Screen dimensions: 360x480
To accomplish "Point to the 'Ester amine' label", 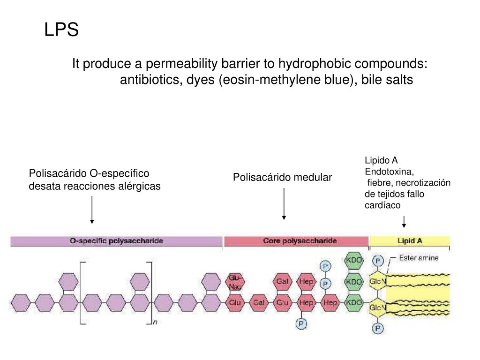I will [419, 259].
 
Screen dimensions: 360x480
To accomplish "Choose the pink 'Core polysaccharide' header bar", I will [296, 241].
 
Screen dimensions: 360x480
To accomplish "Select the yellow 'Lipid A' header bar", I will [409, 241].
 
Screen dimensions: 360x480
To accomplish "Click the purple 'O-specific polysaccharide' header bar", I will [116, 241].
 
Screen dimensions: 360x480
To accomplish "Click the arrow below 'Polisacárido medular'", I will [284, 203].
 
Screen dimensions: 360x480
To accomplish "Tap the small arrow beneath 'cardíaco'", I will [404, 221].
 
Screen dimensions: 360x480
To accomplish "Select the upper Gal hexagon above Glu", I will [282, 282].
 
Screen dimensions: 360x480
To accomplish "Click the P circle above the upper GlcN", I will [377, 261].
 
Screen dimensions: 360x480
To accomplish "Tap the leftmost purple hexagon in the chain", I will [20, 303].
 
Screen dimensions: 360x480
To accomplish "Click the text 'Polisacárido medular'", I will [282, 178].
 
